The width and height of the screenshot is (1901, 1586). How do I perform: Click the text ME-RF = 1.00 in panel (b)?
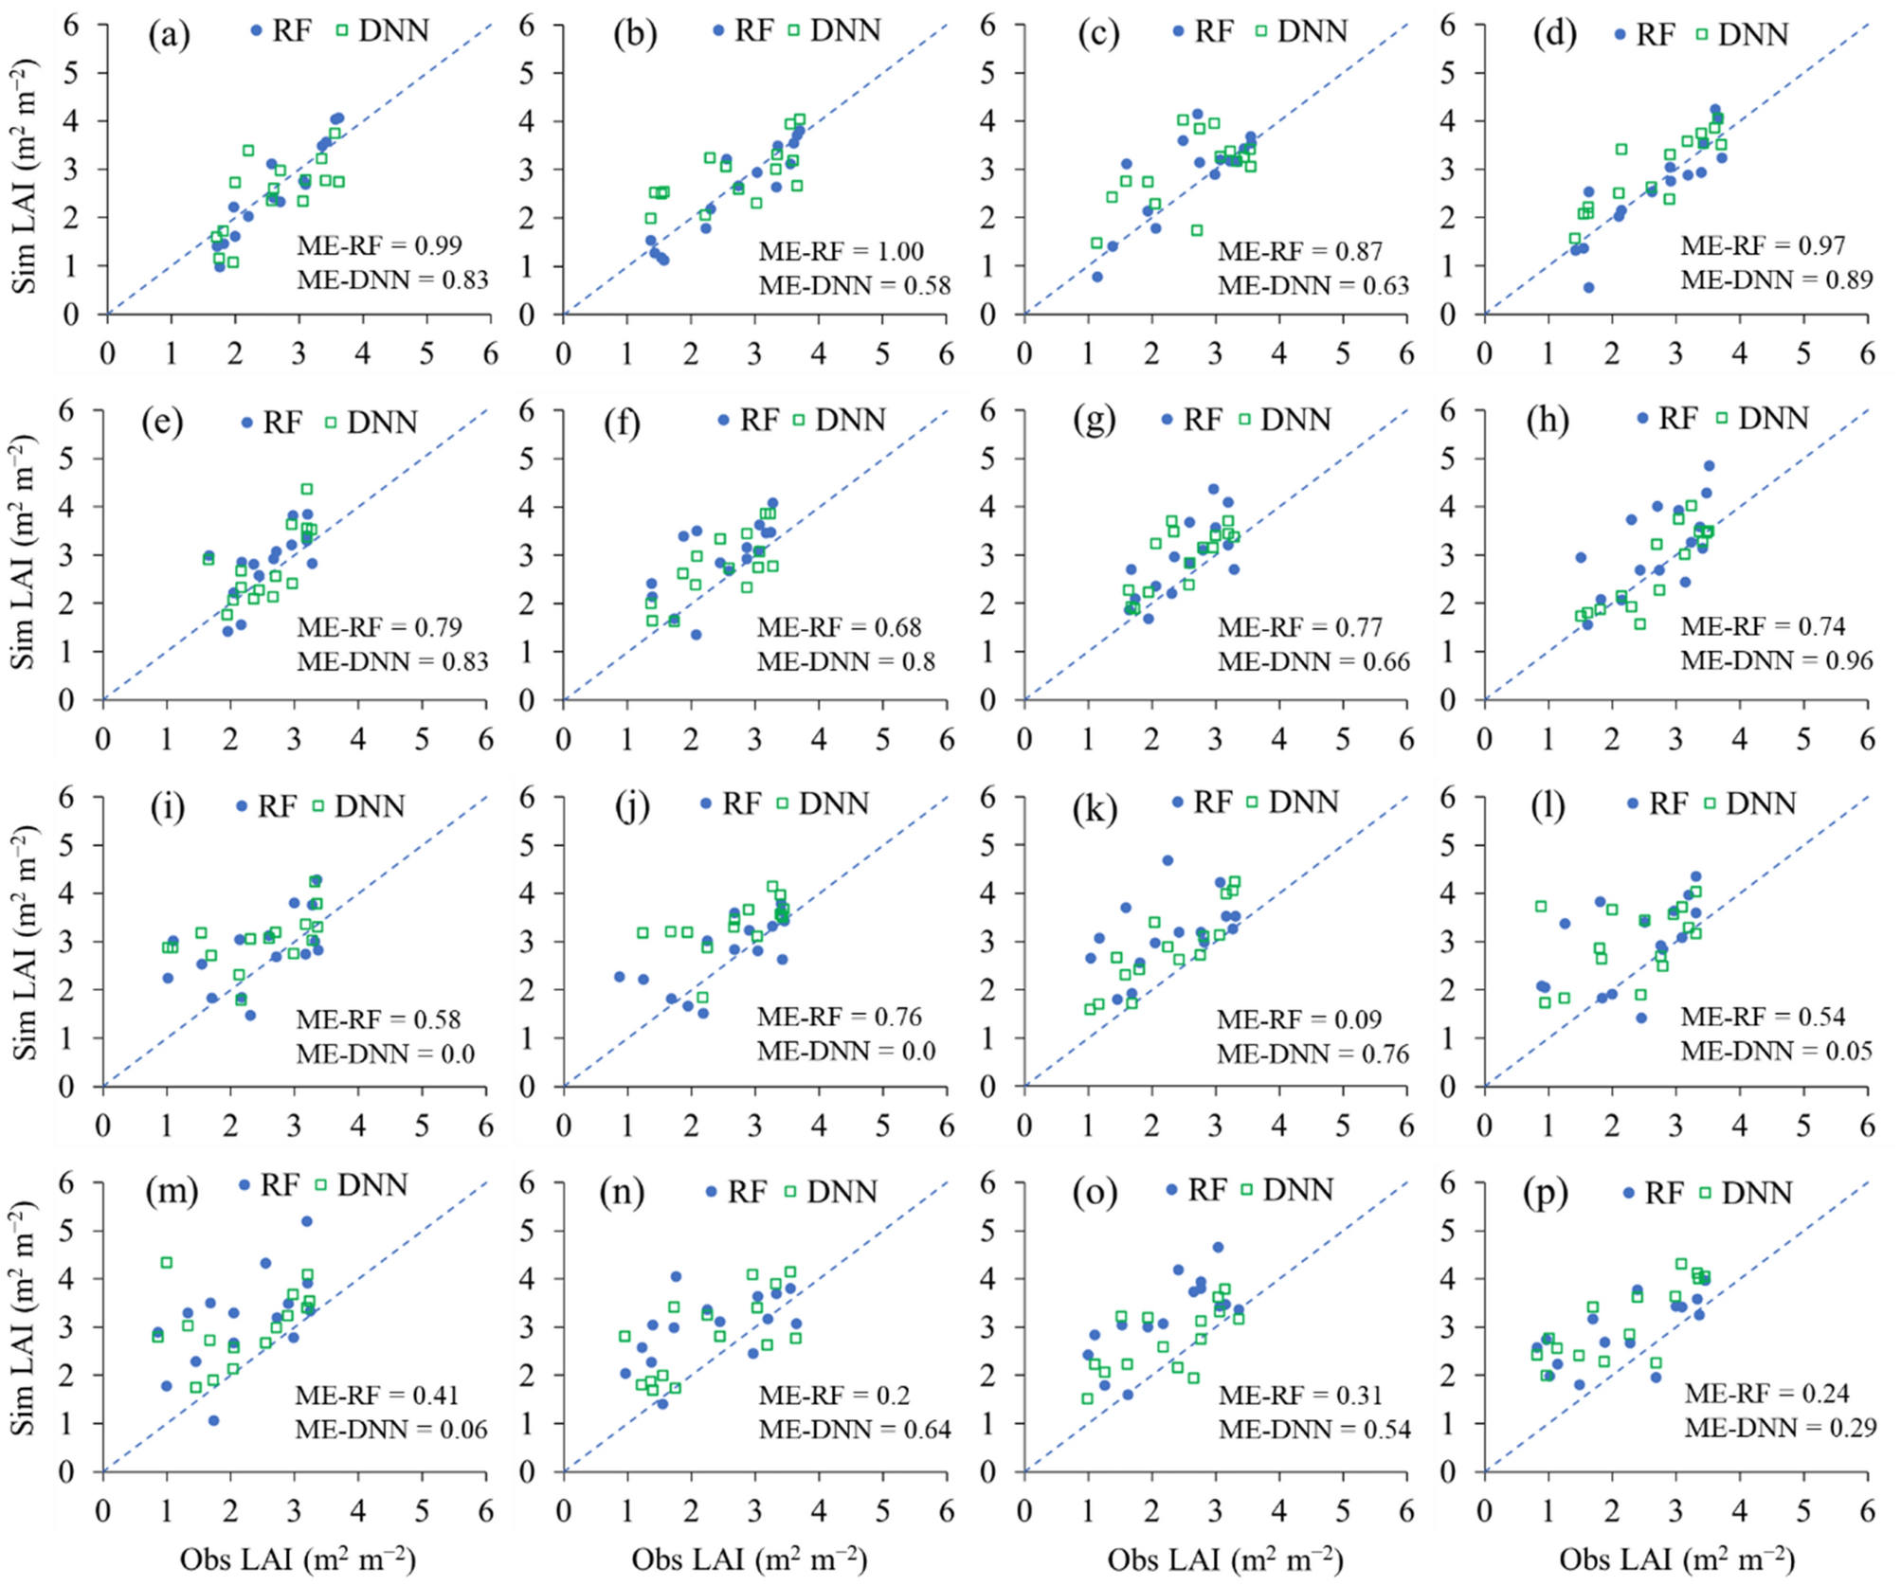tap(841, 252)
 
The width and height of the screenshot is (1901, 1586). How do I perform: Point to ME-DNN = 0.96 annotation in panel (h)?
tap(1777, 660)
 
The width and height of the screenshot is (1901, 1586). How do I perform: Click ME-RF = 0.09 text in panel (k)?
tap(1299, 1019)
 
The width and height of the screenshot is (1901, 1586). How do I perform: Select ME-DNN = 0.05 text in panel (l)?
tap(1777, 1050)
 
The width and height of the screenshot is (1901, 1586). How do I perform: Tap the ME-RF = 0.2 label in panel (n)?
tap(833, 1395)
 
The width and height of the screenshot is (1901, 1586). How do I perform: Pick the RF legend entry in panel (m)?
tap(269, 1184)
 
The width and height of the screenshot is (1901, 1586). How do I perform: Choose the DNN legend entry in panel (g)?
tap(1285, 419)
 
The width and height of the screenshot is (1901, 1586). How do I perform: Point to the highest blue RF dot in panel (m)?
tap(306, 1221)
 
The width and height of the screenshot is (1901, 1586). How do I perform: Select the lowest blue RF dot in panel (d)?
tap(1588, 287)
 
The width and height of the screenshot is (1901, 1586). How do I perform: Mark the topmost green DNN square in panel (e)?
tap(307, 489)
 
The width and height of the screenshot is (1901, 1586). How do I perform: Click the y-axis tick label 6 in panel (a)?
tap(72, 25)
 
